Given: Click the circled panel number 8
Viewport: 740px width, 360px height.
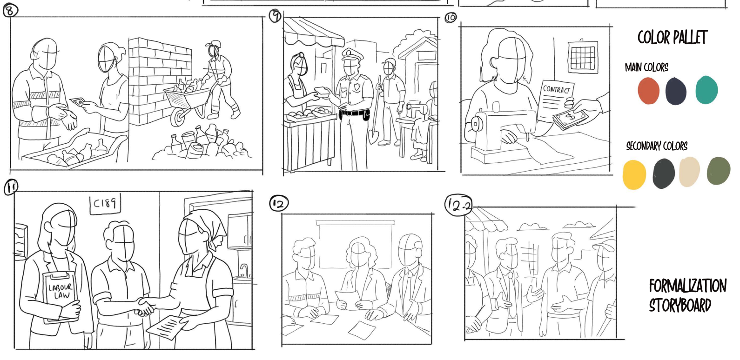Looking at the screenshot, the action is pyautogui.click(x=10, y=10).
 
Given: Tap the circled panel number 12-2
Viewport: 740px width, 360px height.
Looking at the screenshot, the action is pyautogui.click(x=459, y=205).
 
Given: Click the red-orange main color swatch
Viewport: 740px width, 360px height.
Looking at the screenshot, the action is pyautogui.click(x=648, y=91).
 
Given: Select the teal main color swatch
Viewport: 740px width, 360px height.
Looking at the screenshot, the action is pyautogui.click(x=706, y=90).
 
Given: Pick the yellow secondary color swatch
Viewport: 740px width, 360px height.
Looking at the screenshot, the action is pyautogui.click(x=634, y=175).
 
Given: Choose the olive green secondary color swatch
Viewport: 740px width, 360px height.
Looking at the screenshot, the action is pyautogui.click(x=719, y=171).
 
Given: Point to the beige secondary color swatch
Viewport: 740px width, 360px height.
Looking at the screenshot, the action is pyautogui.click(x=689, y=172).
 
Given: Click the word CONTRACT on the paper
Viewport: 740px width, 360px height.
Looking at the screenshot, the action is pyautogui.click(x=557, y=89).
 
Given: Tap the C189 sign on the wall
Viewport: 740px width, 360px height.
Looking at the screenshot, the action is pyautogui.click(x=105, y=203).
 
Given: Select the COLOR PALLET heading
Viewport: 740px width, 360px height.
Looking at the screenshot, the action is pyautogui.click(x=672, y=37).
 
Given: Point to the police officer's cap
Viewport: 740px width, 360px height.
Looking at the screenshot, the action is pyautogui.click(x=352, y=54).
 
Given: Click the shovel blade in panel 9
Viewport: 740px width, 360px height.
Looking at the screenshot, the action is pyautogui.click(x=373, y=137).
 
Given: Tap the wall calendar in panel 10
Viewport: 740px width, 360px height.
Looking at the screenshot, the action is pyautogui.click(x=583, y=56).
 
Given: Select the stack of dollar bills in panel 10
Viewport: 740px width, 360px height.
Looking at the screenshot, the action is pyautogui.click(x=570, y=119).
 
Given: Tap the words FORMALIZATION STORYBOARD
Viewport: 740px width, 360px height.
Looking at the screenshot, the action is pyautogui.click(x=687, y=296).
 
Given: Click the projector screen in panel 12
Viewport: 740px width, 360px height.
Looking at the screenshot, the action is pyautogui.click(x=356, y=244).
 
